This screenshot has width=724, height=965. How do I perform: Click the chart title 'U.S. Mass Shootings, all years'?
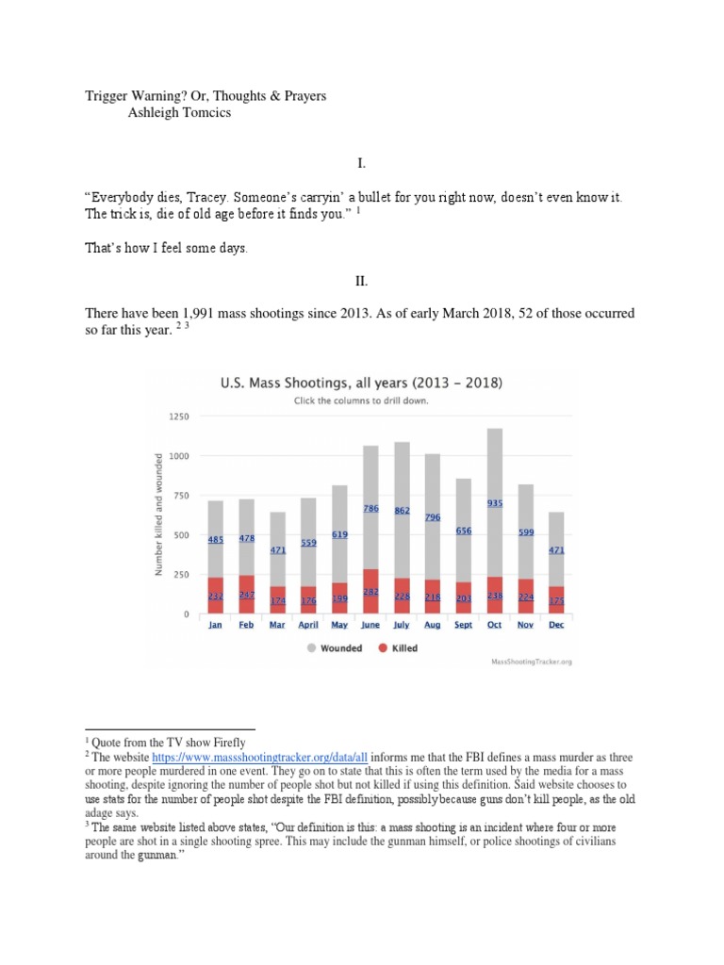tap(361, 384)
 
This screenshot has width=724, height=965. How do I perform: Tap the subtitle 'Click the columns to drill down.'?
tap(361, 401)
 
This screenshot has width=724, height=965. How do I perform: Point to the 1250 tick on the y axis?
tap(178, 416)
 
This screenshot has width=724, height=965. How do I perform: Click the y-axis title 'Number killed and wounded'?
tap(159, 514)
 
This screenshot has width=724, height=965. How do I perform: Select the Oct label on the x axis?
tap(495, 625)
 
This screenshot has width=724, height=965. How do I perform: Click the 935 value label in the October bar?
tap(495, 503)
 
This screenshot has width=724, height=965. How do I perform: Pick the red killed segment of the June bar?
tap(370, 592)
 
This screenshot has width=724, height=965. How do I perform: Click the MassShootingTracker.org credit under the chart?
tap(532, 662)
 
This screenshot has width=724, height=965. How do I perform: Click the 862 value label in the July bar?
tap(402, 510)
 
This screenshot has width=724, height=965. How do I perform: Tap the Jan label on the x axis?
tap(215, 625)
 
